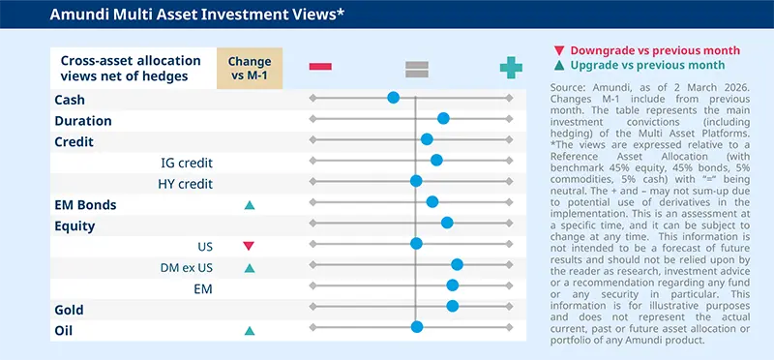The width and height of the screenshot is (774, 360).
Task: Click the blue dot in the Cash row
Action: [393, 98]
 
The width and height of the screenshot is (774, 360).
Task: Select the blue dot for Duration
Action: [443, 118]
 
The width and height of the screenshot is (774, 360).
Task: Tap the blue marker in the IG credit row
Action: [436, 160]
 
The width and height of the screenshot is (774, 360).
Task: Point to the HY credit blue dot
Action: [416, 181]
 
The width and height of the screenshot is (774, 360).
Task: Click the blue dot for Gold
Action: [453, 306]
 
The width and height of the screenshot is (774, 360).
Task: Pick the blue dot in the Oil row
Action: [417, 327]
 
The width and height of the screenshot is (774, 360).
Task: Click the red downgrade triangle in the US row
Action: [249, 247]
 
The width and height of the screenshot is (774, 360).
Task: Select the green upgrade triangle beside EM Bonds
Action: [249, 205]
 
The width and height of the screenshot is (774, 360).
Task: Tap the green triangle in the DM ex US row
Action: [249, 268]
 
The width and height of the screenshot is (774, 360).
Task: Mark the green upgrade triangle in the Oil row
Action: [249, 331]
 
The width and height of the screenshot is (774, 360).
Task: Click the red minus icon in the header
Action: [320, 66]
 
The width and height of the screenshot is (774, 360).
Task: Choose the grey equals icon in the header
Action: [417, 67]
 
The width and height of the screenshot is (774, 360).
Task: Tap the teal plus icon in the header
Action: [510, 66]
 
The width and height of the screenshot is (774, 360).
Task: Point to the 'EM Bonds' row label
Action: [86, 205]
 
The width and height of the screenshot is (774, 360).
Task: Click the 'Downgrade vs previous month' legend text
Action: [655, 50]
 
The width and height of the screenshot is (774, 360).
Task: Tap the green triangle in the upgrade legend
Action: [560, 66]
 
